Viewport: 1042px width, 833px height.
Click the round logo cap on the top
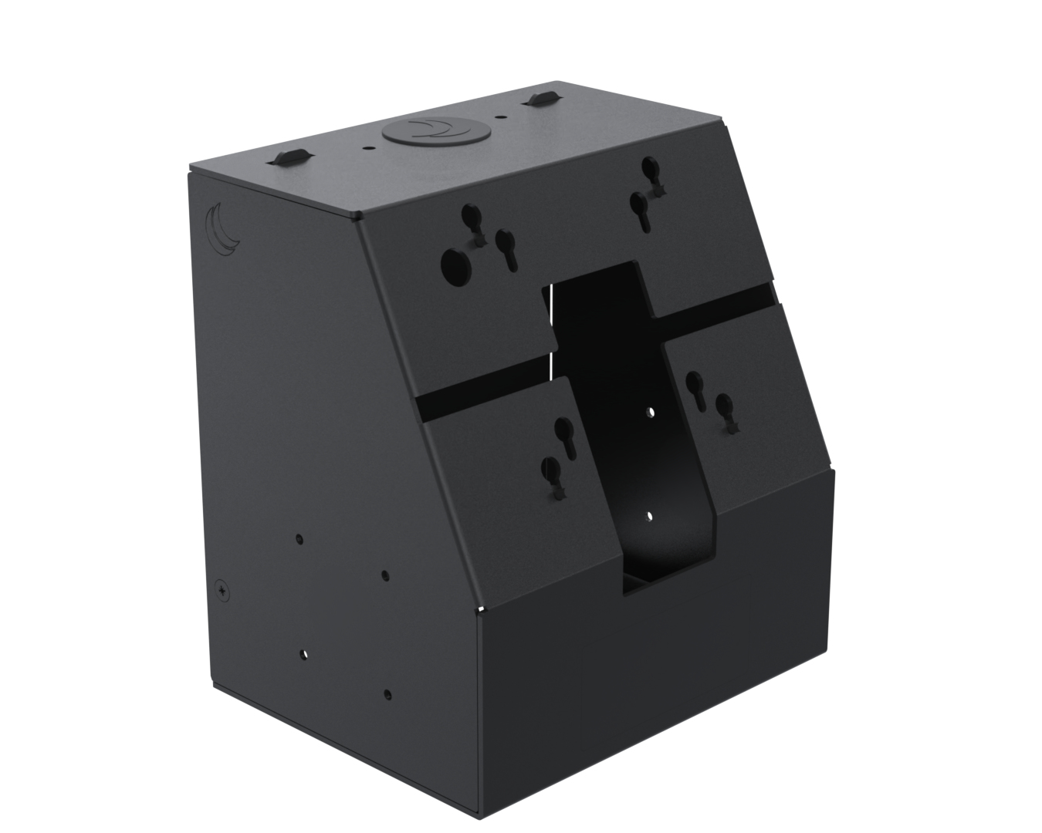(417, 133)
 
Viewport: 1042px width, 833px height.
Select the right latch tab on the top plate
(542, 99)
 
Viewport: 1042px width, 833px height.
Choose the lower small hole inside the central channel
(650, 516)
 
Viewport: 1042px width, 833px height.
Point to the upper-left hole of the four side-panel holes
(299, 539)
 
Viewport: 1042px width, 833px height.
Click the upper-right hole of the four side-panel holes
(385, 575)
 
